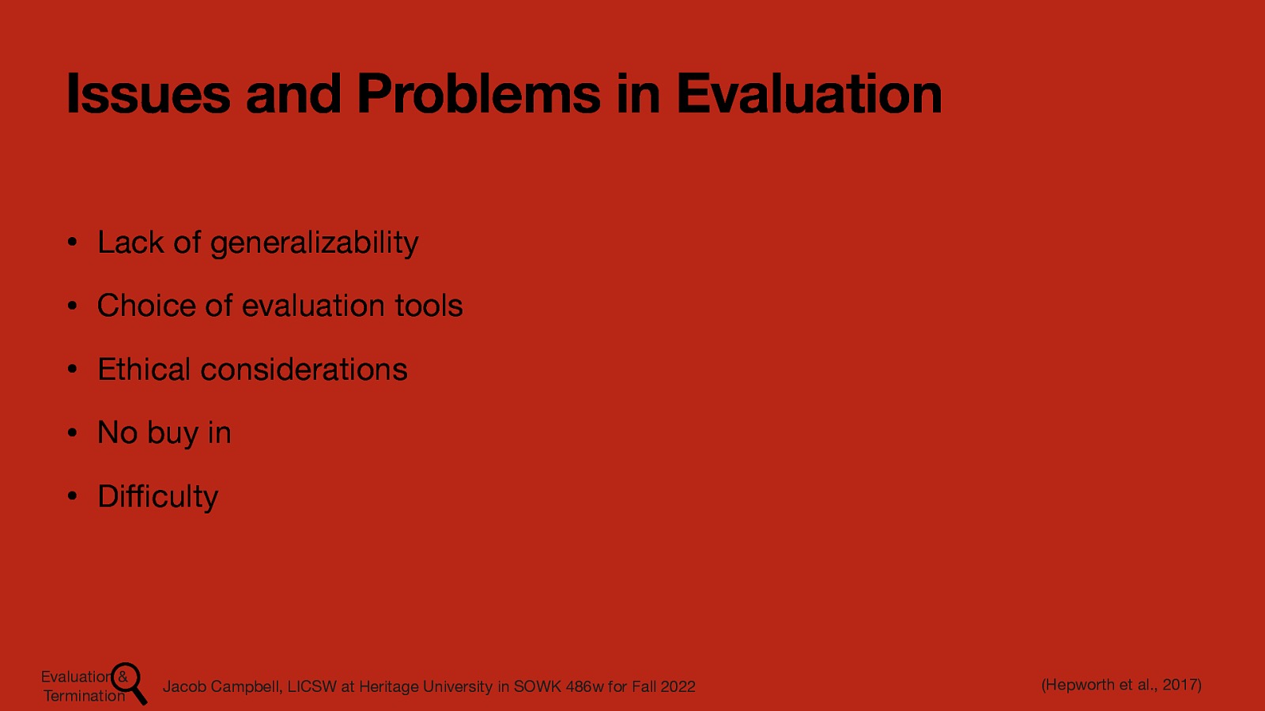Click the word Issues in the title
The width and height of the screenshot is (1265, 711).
[148, 94]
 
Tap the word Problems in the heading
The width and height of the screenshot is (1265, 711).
[479, 94]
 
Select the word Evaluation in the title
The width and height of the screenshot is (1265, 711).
[808, 94]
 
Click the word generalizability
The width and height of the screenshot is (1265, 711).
[314, 243]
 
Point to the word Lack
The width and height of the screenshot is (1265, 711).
[130, 243]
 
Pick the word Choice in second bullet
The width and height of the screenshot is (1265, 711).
[146, 306]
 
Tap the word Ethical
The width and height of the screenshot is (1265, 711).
[144, 370]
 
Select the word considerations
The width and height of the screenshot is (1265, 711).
[304, 370]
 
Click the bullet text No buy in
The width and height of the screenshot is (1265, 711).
[164, 433]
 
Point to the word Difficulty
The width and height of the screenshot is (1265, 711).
[157, 497]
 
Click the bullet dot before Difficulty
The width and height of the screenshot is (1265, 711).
[71, 497]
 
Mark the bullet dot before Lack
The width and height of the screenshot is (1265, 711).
[71, 243]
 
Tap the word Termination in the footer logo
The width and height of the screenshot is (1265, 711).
[84, 696]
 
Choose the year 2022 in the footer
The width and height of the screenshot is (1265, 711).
[678, 687]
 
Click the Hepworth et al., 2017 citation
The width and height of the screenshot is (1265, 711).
[1121, 685]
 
